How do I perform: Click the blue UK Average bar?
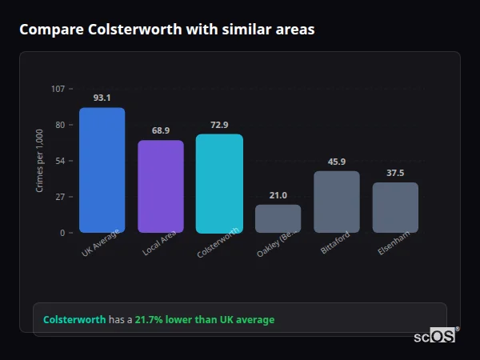(102, 170)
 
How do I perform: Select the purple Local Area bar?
(160, 186)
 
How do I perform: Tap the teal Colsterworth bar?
(219, 183)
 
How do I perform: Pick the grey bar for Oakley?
(278, 218)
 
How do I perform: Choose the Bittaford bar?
(336, 202)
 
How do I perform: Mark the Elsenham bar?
(395, 207)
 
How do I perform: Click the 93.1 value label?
(102, 98)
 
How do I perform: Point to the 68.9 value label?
(160, 130)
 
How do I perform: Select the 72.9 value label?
(219, 124)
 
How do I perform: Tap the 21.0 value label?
(278, 194)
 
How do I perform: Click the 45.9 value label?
(336, 162)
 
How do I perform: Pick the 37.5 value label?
(395, 173)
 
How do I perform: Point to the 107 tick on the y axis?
(58, 88)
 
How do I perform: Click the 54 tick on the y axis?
(60, 161)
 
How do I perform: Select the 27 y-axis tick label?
(60, 197)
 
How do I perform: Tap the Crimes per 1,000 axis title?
(39, 161)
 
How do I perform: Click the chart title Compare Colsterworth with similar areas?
(167, 30)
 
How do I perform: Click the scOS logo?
(435, 336)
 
